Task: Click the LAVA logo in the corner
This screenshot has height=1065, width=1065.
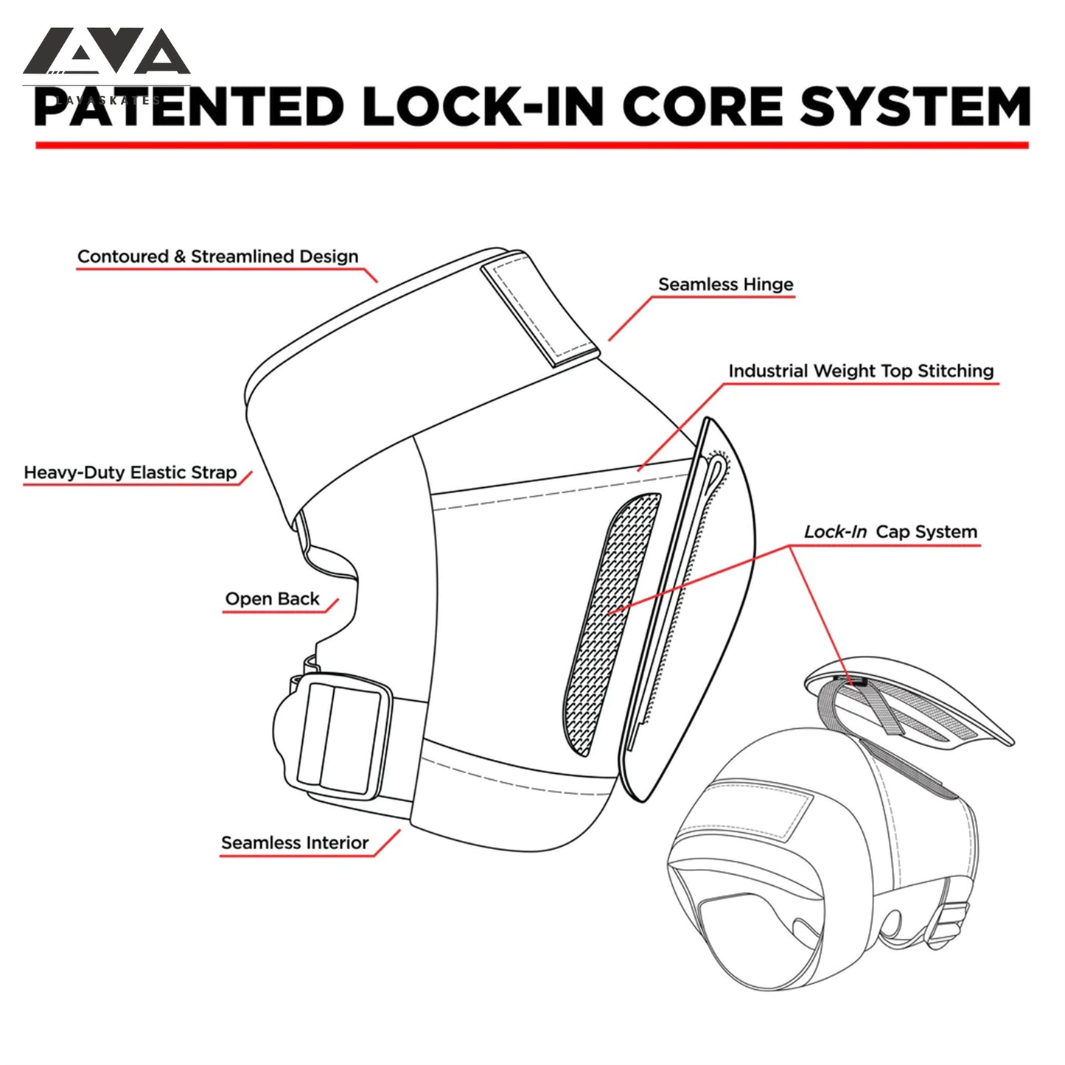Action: (x=107, y=53)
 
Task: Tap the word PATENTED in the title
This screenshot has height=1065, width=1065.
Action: (x=188, y=107)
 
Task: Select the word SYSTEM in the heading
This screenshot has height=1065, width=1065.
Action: (x=915, y=107)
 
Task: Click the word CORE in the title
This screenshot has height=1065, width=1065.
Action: (x=702, y=107)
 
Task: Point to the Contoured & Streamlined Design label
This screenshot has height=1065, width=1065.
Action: (x=217, y=256)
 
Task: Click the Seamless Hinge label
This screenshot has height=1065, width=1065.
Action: (x=725, y=284)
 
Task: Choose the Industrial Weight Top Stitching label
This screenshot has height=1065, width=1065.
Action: (x=861, y=371)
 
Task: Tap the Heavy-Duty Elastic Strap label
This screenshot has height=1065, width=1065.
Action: (x=130, y=472)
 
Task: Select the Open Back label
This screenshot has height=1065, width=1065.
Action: (x=272, y=598)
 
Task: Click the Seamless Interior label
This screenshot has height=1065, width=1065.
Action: (x=295, y=842)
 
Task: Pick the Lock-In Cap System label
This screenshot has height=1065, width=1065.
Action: (x=890, y=531)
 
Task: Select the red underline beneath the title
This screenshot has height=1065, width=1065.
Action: (x=531, y=145)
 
